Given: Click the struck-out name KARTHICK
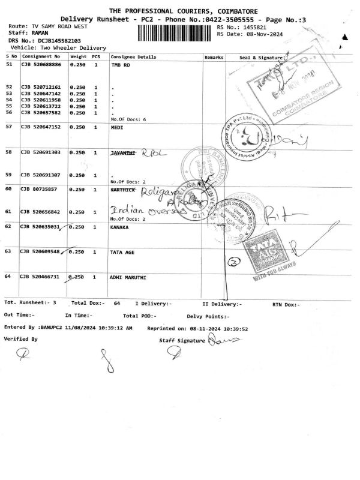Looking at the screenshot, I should coord(122,189).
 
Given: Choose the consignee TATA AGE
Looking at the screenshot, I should coord(123,252).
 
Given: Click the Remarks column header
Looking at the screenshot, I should coord(214,56).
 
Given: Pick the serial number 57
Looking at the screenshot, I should coord(9,127).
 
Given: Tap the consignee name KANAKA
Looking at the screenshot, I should coord(121,227).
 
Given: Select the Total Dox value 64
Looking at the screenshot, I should coord(117,304).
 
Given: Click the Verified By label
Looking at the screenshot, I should coord(20,339).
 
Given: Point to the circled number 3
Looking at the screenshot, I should coord(235,261).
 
